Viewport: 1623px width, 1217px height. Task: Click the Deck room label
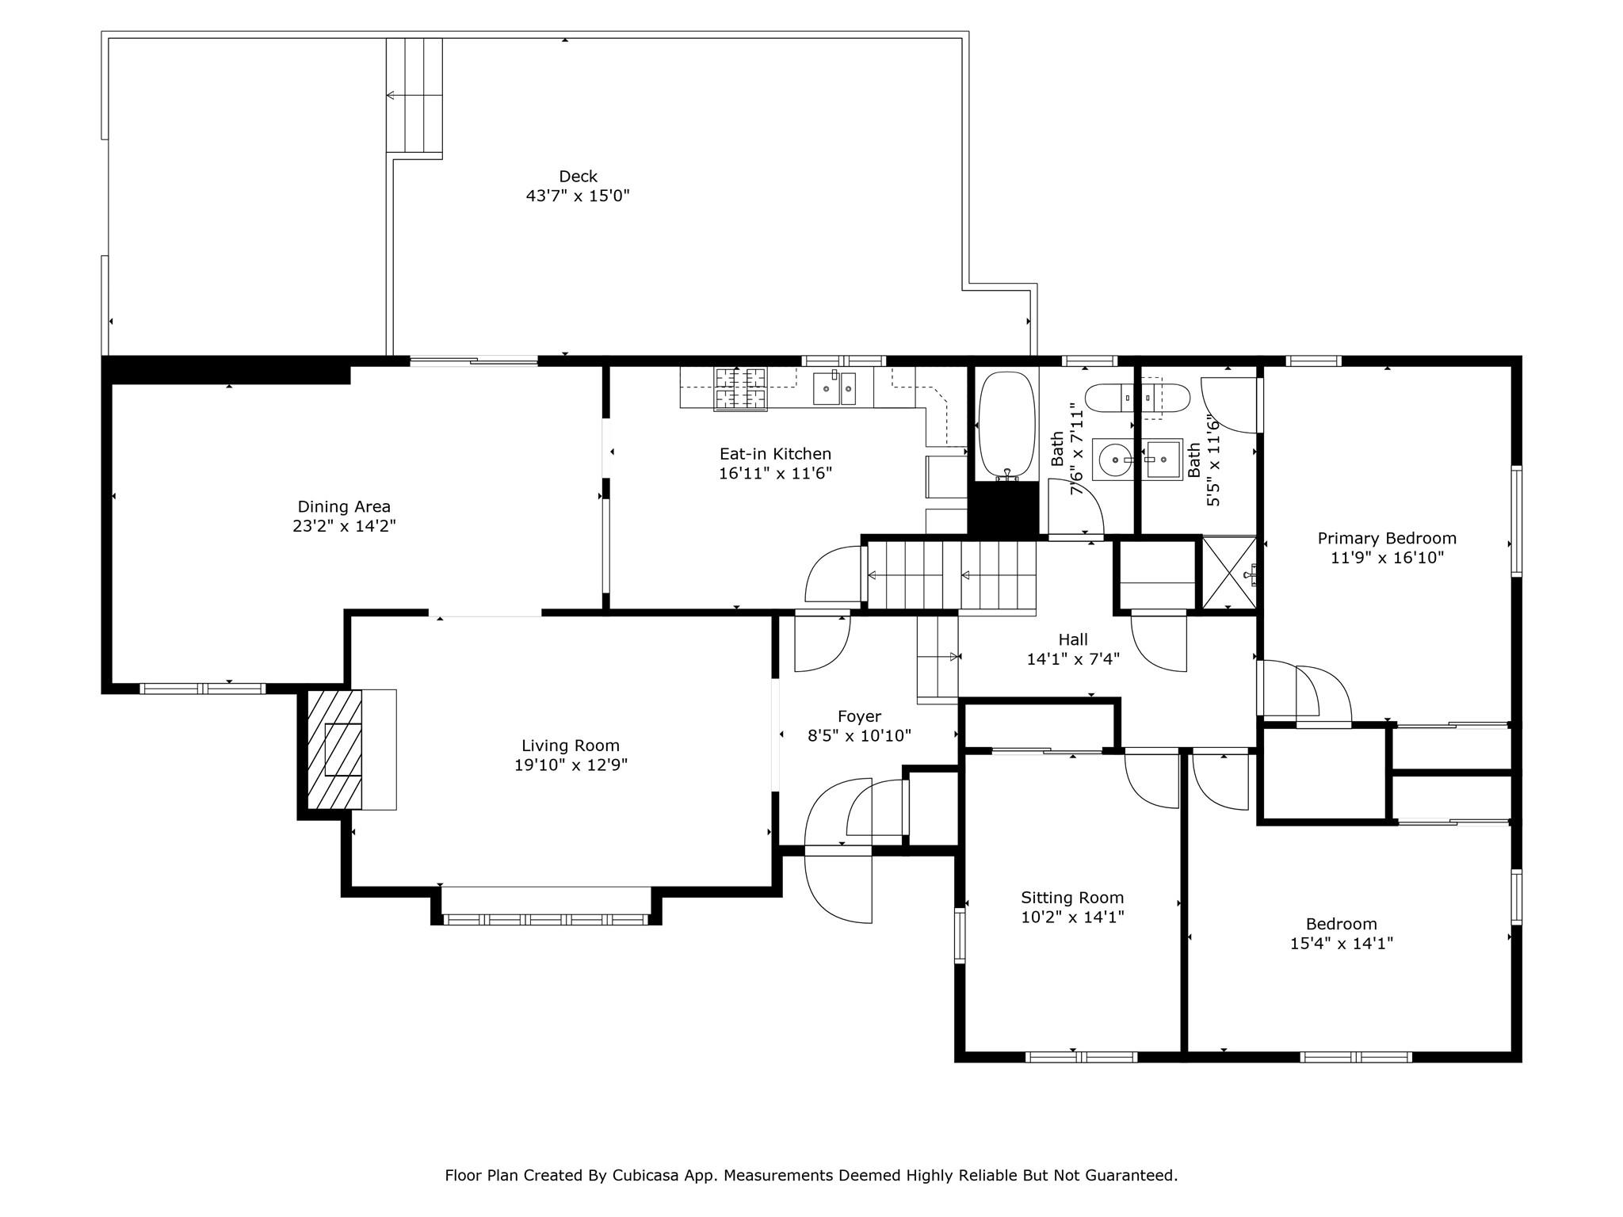click(x=578, y=177)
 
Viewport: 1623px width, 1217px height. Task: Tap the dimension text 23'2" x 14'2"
click(x=344, y=526)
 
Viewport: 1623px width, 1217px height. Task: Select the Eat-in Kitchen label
click(x=775, y=454)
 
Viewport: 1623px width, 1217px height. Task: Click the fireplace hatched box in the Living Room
click(x=334, y=750)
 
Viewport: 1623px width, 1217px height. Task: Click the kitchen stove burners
click(x=741, y=389)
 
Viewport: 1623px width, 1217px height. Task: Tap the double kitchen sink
click(x=837, y=388)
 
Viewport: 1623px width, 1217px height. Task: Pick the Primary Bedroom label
click(x=1387, y=539)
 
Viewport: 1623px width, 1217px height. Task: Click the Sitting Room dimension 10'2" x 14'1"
click(x=1073, y=918)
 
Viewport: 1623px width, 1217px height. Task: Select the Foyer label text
click(x=859, y=717)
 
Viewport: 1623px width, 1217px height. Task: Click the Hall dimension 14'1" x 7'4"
click(x=1073, y=658)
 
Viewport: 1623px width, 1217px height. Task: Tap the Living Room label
click(x=571, y=746)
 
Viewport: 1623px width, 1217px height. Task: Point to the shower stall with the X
click(x=1229, y=573)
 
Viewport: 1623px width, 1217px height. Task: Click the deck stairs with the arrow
click(x=414, y=95)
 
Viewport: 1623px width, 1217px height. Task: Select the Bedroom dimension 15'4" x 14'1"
click(x=1342, y=944)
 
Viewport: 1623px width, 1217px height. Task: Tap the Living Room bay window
click(x=546, y=919)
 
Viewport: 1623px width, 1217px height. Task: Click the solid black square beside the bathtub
click(x=1003, y=509)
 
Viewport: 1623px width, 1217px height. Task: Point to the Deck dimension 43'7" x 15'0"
click(x=578, y=196)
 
